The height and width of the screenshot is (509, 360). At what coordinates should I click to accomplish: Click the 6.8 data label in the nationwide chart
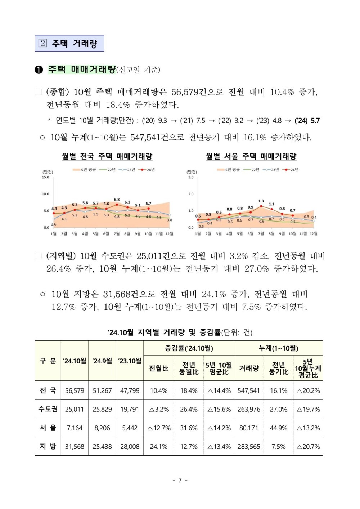tap(117, 200)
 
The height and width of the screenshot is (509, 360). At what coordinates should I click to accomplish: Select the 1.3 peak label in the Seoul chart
tap(261, 201)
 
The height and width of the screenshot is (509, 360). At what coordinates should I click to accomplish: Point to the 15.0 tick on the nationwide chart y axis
tap(45, 177)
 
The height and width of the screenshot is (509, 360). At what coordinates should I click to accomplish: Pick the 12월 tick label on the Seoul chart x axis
tap(314, 233)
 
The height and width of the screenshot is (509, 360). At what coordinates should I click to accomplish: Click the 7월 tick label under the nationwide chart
tap(117, 233)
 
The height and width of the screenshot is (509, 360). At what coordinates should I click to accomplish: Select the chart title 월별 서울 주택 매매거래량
tap(251, 156)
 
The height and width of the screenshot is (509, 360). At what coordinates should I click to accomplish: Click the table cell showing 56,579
tap(75, 390)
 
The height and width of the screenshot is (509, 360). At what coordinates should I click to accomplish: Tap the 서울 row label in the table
tap(48, 428)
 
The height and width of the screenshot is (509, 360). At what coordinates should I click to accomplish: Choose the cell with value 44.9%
tap(279, 428)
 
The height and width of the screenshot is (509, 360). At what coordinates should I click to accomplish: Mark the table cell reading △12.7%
tap(159, 428)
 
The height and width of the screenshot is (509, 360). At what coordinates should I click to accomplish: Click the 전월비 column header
tap(158, 369)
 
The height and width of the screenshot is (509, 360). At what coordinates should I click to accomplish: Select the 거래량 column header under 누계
tap(249, 369)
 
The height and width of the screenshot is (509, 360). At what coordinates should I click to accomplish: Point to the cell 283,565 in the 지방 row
tap(249, 447)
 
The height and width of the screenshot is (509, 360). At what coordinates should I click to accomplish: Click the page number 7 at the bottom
tap(180, 480)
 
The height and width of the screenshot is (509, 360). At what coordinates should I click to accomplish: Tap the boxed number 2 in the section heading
tap(43, 43)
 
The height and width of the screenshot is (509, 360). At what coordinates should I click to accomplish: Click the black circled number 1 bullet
tap(39, 70)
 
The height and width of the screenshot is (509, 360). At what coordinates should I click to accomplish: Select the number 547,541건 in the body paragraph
tap(149, 137)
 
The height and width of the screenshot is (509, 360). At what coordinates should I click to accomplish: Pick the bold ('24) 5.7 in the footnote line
tap(307, 120)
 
